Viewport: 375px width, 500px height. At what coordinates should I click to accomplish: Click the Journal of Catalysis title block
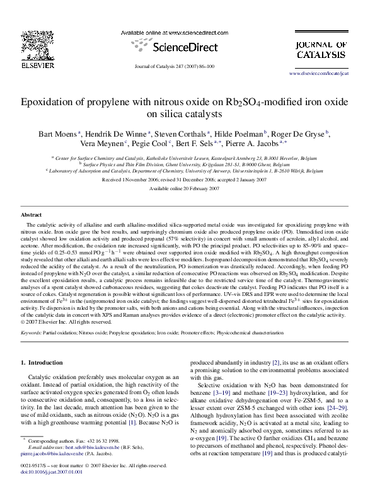pyautogui.click(x=321, y=50)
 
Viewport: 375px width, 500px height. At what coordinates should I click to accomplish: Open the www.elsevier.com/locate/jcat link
pyautogui.click(x=318, y=74)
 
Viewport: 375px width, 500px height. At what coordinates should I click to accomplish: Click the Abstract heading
pyautogui.click(x=32, y=215)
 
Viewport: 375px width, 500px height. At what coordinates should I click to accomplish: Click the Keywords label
pyautogui.click(x=32, y=332)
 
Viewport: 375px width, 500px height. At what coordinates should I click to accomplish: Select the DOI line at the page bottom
pyautogui.click(x=48, y=490)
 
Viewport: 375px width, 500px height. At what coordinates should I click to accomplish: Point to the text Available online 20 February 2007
pyautogui.click(x=184, y=188)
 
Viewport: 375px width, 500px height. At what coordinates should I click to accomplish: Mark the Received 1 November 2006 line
pyautogui.click(x=184, y=179)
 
